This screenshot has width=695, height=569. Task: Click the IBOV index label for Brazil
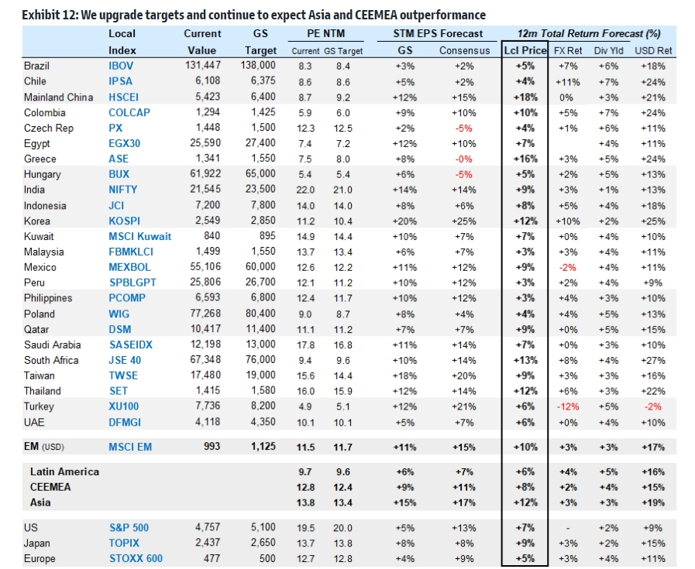coord(121,66)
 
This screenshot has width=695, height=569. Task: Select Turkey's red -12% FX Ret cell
coord(568,406)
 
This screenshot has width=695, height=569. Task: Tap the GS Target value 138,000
coord(258,66)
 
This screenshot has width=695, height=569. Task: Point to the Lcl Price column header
coord(525,50)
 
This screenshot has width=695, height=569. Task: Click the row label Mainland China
coord(59,97)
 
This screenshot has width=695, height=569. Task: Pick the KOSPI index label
coord(124,221)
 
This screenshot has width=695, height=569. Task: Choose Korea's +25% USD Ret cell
coord(653,221)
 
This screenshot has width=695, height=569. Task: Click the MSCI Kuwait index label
coord(140,236)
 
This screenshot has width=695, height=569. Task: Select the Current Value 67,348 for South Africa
coord(205,360)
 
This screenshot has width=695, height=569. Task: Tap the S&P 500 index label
coord(129,528)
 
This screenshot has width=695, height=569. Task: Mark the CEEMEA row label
coord(50,487)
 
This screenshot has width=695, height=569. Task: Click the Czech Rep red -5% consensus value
coord(463,129)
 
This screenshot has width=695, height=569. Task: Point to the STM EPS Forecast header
coord(438,33)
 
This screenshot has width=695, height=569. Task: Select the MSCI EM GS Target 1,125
coord(263,447)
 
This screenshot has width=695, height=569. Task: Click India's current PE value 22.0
coord(305,190)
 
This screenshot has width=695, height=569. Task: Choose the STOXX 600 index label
coord(136,559)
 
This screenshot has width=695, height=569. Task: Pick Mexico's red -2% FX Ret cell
coord(568,267)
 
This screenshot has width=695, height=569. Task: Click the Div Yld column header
coord(608,51)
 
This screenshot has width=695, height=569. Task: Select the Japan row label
coord(36,543)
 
